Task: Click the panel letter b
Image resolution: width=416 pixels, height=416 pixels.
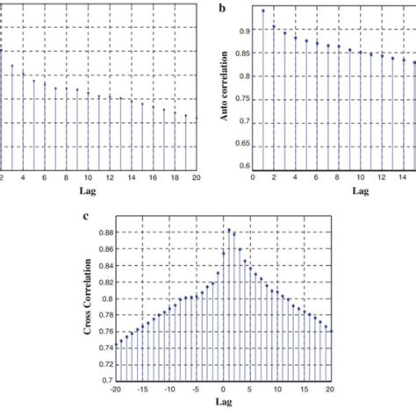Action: point(223,7)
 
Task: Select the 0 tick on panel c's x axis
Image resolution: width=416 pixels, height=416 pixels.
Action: point(224,390)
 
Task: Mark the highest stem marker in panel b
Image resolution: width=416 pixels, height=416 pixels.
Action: point(263,11)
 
